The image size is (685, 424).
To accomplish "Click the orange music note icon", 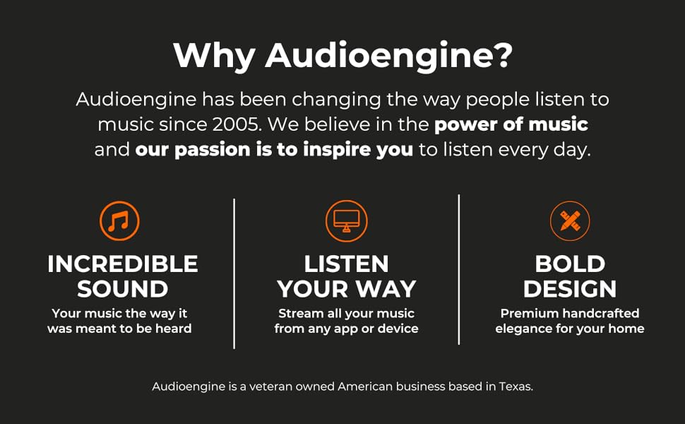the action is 119,221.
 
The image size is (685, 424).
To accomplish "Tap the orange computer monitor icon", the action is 347,221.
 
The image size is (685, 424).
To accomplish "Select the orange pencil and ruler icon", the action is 570,221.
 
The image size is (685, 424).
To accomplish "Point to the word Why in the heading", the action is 214,57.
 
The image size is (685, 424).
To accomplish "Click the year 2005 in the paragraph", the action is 237,124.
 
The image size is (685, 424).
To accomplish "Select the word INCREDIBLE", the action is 123,264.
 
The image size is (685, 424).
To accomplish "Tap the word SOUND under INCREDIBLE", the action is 123,289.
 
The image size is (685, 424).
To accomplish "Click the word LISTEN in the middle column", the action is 347,264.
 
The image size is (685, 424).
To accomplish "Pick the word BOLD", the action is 570,264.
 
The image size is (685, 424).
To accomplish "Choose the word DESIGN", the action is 570,289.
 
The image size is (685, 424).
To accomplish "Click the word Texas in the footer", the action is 516,387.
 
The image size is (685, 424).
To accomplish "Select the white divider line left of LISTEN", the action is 234,273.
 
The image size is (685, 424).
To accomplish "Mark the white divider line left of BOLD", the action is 459,270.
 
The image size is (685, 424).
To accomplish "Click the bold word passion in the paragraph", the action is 213,151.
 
